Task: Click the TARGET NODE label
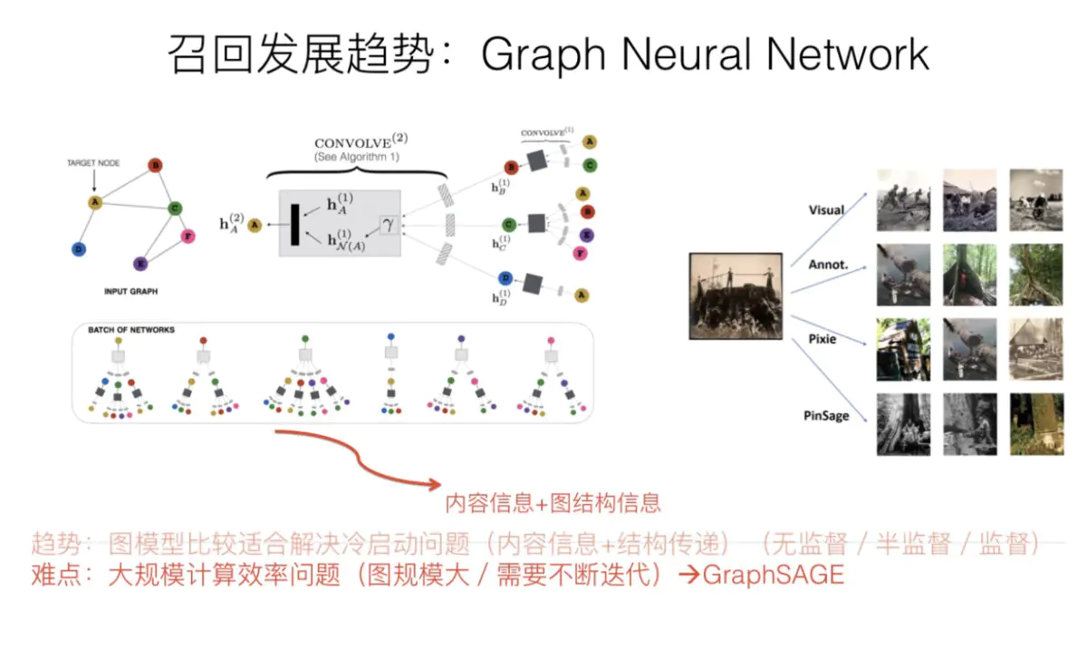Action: pos(92,164)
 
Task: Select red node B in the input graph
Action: pos(156,165)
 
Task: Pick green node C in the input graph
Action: pos(176,208)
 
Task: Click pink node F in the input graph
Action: pos(188,237)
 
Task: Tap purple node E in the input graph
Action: pos(140,264)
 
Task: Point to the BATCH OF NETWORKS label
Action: pos(131,330)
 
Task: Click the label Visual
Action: pos(826,209)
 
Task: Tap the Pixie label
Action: pos(822,339)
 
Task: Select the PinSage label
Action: pos(826,416)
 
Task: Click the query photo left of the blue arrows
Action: pos(736,296)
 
